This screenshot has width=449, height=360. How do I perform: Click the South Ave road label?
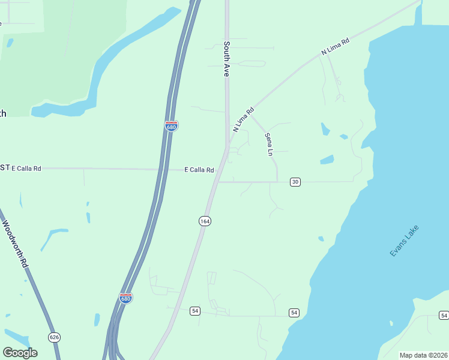pyautogui.click(x=227, y=59)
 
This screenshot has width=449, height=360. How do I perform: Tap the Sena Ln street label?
pyautogui.click(x=269, y=145)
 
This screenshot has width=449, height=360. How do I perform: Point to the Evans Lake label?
pyautogui.click(x=404, y=241)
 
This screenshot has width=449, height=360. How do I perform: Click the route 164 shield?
pyautogui.click(x=205, y=221)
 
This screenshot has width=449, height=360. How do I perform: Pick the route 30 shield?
pyautogui.click(x=295, y=182)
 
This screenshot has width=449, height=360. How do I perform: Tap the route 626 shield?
pyautogui.click(x=55, y=337)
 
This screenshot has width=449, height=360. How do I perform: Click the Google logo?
pyautogui.click(x=20, y=353)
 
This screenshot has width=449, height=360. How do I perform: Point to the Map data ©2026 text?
pyautogui.click(x=423, y=355)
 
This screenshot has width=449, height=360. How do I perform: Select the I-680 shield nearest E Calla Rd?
pyautogui.click(x=171, y=126)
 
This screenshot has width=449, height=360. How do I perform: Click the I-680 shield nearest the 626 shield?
pyautogui.click(x=125, y=298)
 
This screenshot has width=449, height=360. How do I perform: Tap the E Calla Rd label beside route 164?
pyautogui.click(x=199, y=170)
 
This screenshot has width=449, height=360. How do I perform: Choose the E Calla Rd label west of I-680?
pyautogui.click(x=26, y=169)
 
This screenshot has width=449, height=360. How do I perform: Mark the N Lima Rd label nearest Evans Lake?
pyautogui.click(x=336, y=48)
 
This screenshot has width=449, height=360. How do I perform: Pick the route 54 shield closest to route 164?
pyautogui.click(x=194, y=311)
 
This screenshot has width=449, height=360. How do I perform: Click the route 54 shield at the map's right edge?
pyautogui.click(x=444, y=315)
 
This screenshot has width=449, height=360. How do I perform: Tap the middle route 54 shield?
pyautogui.click(x=294, y=313)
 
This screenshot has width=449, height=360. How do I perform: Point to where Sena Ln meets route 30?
pyautogui.click(x=277, y=181)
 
